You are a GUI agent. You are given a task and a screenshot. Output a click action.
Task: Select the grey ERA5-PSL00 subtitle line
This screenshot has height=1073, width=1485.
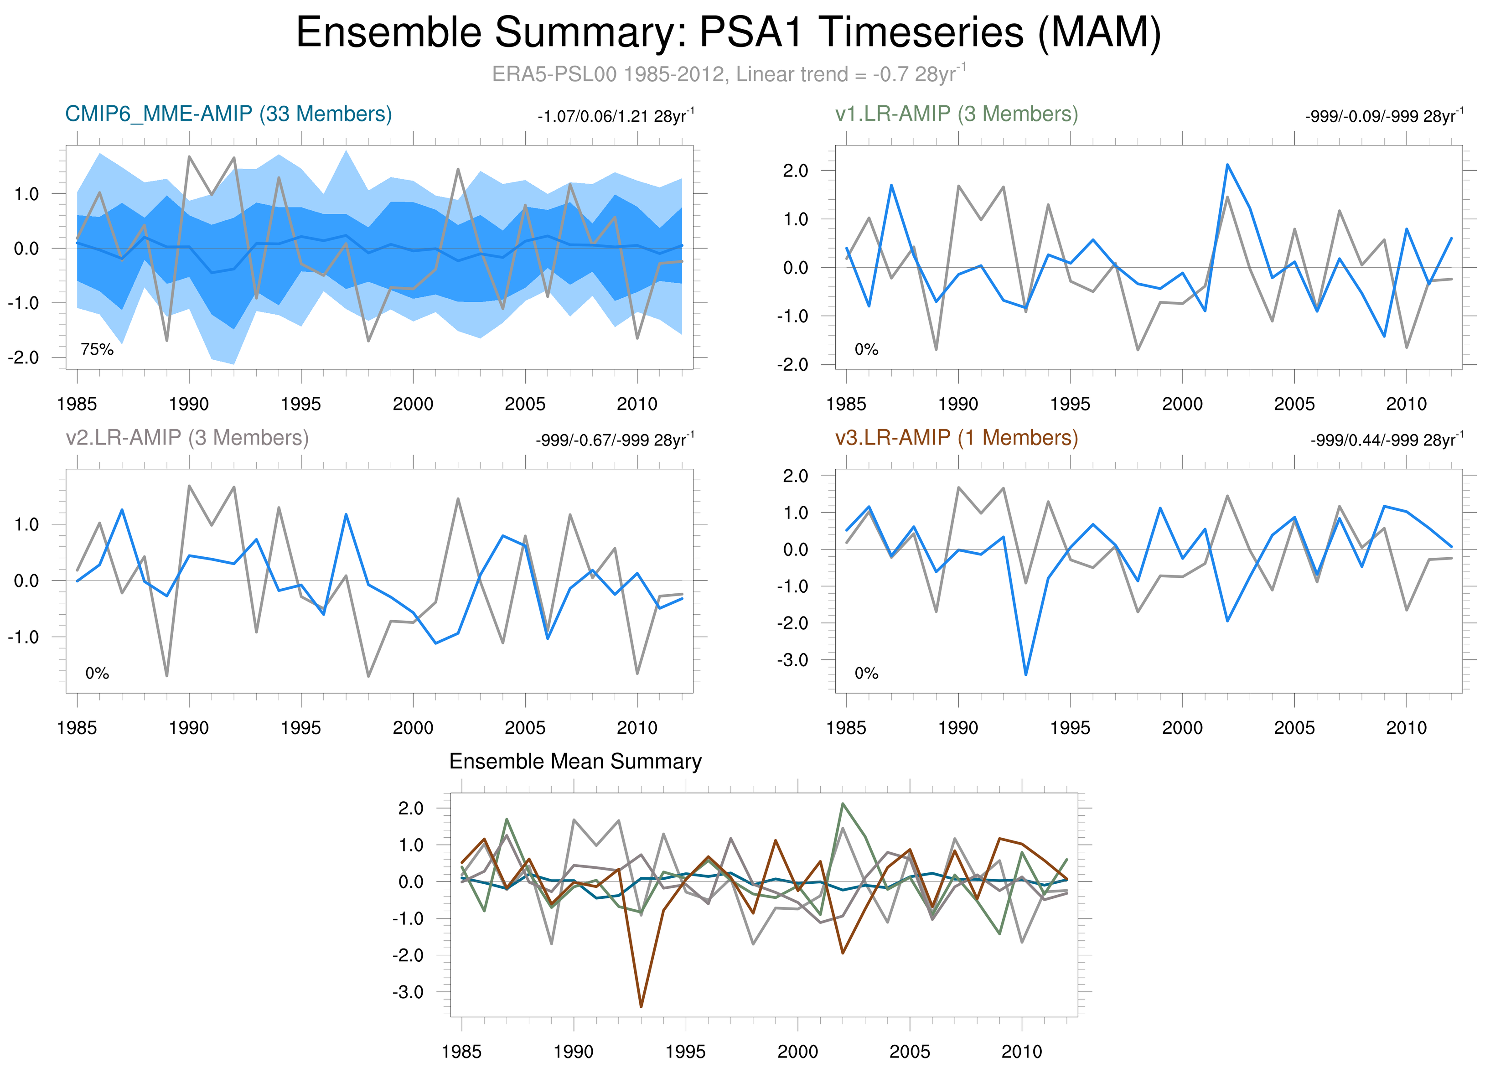click(728, 74)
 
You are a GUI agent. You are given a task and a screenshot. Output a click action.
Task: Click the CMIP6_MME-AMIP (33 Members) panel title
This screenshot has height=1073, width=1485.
click(228, 114)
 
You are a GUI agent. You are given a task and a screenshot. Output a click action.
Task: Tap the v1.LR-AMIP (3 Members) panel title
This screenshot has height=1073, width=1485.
click(956, 114)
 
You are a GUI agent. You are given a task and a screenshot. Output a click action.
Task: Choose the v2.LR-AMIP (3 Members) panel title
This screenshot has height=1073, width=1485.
click(187, 437)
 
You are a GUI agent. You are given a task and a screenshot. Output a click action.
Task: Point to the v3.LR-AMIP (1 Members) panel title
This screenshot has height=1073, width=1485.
click(956, 437)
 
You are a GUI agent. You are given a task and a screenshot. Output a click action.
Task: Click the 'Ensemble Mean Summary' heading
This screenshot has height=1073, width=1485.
click(575, 762)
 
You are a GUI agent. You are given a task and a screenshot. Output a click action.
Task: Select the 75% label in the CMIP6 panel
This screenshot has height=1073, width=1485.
click(97, 350)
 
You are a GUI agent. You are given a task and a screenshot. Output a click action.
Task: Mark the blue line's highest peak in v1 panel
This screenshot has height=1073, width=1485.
click(1227, 165)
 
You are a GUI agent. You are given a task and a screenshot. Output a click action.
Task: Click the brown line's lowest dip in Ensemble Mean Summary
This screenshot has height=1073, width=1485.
click(641, 1006)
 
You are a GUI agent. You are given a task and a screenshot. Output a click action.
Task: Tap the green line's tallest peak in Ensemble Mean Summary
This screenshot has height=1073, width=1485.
click(843, 804)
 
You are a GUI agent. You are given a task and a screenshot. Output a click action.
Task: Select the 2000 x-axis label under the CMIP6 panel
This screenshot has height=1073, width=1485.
click(413, 404)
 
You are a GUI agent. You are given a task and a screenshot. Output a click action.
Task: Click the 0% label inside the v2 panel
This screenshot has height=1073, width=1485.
click(97, 673)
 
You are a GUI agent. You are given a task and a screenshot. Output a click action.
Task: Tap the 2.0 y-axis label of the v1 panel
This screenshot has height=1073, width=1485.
click(795, 171)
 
